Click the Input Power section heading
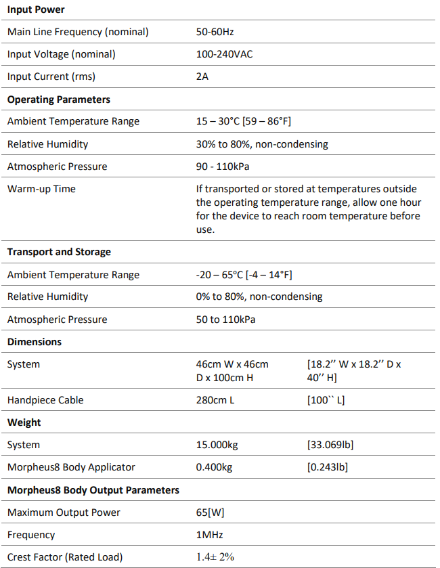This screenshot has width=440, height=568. tap(36, 9)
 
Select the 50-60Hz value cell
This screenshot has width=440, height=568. tap(215, 32)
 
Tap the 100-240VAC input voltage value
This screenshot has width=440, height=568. tap(224, 54)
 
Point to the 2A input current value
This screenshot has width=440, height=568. tap(202, 77)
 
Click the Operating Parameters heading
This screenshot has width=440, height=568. tap(58, 100)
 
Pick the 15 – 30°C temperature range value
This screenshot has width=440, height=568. tap(243, 122)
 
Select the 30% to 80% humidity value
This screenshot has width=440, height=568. tap(261, 144)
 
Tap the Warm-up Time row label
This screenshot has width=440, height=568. tap(41, 189)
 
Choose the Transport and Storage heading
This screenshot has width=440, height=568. tap(59, 252)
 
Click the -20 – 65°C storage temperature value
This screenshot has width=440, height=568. tap(244, 275)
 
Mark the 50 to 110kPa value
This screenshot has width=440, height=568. tap(226, 320)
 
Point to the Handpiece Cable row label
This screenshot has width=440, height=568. tap(45, 400)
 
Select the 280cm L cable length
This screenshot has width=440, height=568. tap(215, 400)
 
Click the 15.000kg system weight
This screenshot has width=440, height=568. tap(217, 445)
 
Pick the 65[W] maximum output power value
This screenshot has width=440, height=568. tap(211, 512)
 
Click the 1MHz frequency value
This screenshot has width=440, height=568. tap(208, 535)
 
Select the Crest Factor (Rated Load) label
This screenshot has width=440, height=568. tap(64, 557)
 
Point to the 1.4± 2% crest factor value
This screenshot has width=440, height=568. tap(215, 557)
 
